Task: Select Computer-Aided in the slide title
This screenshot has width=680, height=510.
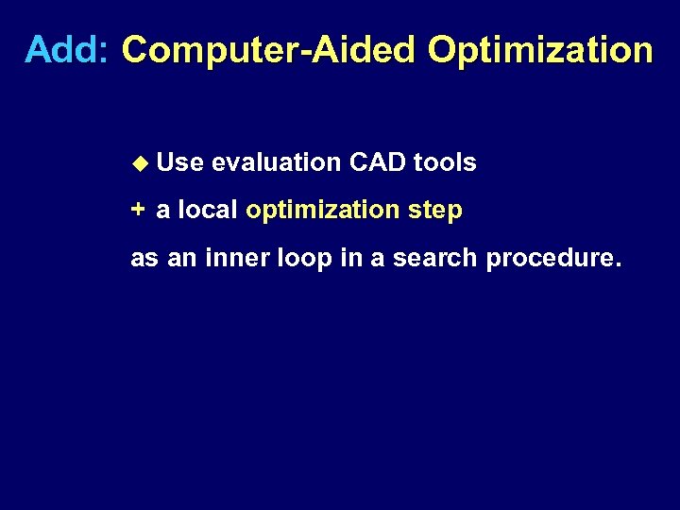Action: pyautogui.click(x=269, y=50)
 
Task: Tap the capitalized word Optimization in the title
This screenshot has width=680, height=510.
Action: pyautogui.click(x=539, y=50)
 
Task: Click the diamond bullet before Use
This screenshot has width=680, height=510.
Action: pyautogui.click(x=140, y=163)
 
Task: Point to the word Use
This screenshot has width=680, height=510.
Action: pyautogui.click(x=180, y=163)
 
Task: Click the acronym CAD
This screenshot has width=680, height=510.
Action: pyautogui.click(x=377, y=163)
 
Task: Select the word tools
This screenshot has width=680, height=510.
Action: pyautogui.click(x=445, y=163)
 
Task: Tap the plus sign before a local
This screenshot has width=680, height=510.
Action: pyautogui.click(x=138, y=210)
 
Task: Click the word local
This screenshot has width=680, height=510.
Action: pyautogui.click(x=208, y=210)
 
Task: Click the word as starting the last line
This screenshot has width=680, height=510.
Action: pyautogui.click(x=144, y=258)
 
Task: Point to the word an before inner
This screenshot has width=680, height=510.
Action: pyautogui.click(x=180, y=258)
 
